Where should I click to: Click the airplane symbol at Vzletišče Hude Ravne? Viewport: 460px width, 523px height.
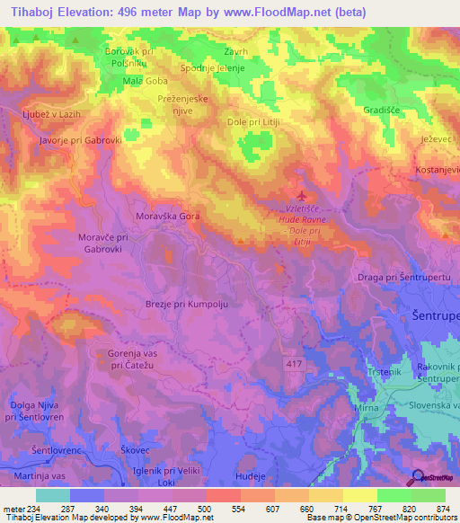click(x=300, y=195)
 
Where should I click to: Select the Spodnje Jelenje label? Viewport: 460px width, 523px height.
click(x=213, y=68)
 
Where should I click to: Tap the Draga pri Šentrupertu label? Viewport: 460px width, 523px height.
click(x=402, y=279)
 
